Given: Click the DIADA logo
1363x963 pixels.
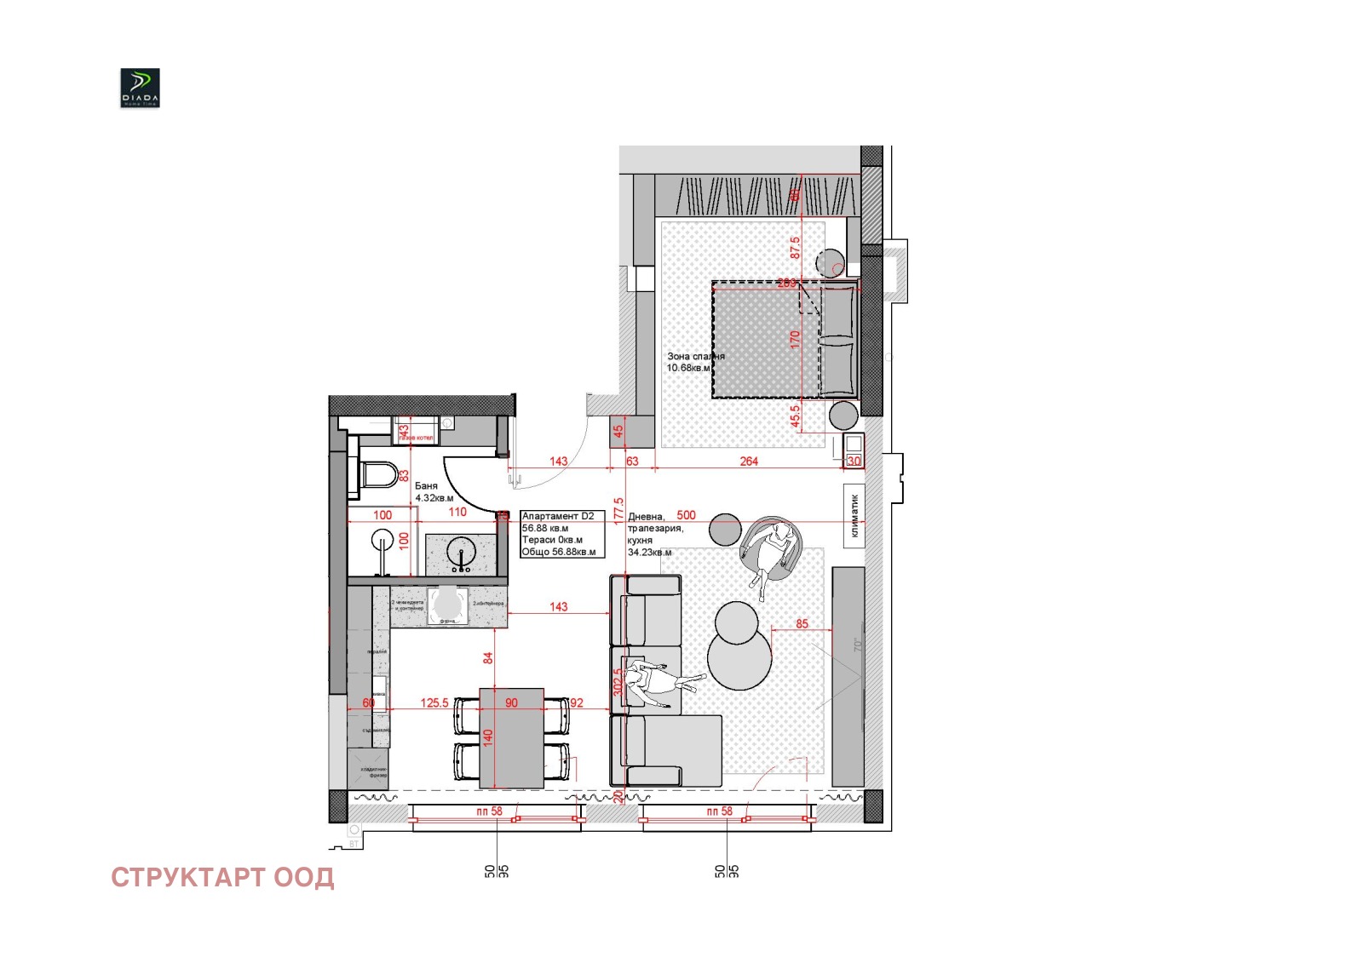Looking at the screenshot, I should point(140,88).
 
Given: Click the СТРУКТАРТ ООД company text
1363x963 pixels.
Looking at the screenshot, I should point(222,878).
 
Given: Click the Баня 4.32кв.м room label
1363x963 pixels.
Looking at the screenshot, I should point(434,492).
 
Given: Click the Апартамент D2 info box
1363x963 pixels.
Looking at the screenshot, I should point(562,534).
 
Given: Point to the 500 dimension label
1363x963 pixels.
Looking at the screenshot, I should point(686,515).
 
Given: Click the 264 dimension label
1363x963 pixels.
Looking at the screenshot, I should point(749,461).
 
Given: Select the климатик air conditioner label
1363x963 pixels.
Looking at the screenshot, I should point(854,516).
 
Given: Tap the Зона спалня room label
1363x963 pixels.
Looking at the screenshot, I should point(694,362).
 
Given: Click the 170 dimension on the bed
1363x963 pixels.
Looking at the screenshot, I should point(795,340).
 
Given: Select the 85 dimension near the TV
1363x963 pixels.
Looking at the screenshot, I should point(802,623).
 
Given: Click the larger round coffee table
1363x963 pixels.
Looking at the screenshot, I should point(739,657).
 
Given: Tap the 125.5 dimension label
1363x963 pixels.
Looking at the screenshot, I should point(434,702).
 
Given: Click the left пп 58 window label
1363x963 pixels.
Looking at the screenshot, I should point(489,811).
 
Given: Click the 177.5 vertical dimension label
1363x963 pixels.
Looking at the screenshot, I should point(618,514).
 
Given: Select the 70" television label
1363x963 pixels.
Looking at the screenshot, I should point(858,645).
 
